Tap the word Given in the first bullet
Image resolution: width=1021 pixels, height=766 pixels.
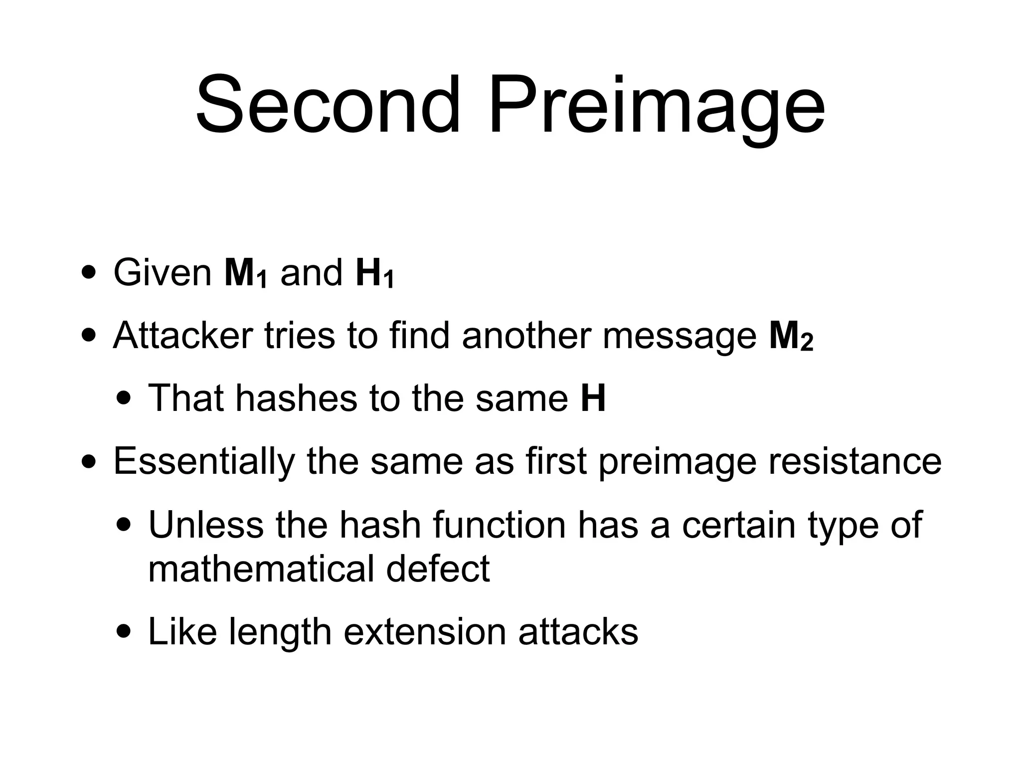pyautogui.click(x=163, y=273)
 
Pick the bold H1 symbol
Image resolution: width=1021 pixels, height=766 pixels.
pyautogui.click(x=374, y=274)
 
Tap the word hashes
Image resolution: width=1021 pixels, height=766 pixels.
pyautogui.click(x=297, y=398)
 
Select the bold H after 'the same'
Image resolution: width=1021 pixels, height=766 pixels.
pyautogui.click(x=593, y=398)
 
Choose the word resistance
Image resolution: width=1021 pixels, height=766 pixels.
pyautogui.click(x=854, y=461)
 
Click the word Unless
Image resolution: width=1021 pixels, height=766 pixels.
pyautogui.click(x=205, y=525)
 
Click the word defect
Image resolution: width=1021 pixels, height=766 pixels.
pyautogui.click(x=438, y=569)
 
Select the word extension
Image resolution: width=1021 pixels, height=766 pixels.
pyautogui.click(x=424, y=632)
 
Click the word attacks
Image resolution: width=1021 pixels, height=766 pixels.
pyautogui.click(x=578, y=632)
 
